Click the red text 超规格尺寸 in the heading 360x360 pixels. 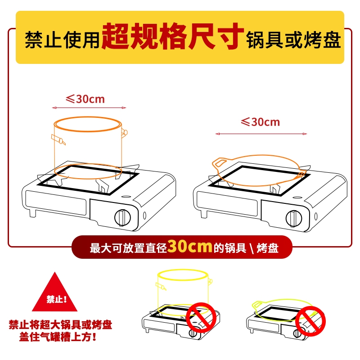(172, 36)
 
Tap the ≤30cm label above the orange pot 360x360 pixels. (85, 99)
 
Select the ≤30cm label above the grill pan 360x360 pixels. (261, 122)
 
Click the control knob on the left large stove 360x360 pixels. (122, 217)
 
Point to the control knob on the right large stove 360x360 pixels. (294, 218)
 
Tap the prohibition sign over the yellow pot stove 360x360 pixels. (201, 317)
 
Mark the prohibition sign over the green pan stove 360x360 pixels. (310, 321)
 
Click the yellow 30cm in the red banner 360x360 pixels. (189, 247)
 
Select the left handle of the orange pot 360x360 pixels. (58, 139)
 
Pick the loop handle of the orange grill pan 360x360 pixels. (220, 162)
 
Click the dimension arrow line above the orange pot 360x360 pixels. (89, 108)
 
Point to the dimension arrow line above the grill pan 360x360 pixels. (261, 134)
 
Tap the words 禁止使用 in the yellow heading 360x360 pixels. (62, 40)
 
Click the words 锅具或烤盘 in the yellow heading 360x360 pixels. (293, 40)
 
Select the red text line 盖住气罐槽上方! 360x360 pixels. (58, 337)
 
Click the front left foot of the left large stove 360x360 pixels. (32, 213)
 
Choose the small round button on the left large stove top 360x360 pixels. (126, 197)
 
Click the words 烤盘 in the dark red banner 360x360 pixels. (267, 248)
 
